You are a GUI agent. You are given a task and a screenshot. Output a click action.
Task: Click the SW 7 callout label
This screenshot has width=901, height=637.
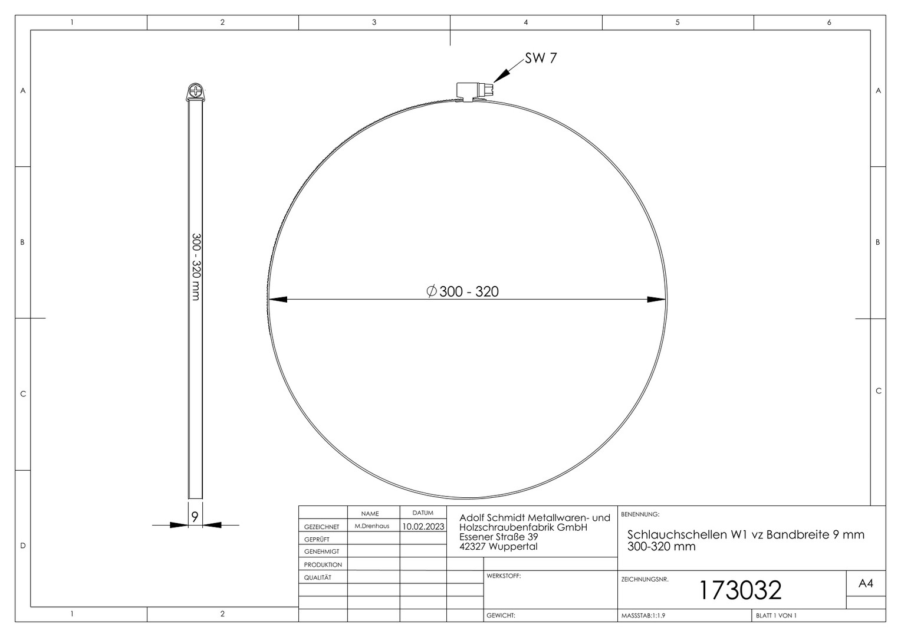541,58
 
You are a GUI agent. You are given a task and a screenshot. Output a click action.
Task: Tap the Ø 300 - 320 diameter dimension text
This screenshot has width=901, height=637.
462,291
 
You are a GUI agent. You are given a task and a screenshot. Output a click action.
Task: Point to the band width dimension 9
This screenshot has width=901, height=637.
195,517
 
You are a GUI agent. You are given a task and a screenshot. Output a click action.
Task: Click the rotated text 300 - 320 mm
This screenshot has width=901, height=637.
196,267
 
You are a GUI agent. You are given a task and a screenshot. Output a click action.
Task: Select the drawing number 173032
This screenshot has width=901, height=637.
741,590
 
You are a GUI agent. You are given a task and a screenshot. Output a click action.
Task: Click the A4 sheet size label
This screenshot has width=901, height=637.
866,583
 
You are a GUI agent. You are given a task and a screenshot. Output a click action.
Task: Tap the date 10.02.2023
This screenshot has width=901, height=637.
423,526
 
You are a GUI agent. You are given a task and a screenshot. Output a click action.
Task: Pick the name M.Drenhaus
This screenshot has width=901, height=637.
371,526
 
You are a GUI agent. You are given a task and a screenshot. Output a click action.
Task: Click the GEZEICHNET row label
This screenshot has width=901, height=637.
321,527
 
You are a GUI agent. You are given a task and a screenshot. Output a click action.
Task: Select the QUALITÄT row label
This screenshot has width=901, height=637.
317,577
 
